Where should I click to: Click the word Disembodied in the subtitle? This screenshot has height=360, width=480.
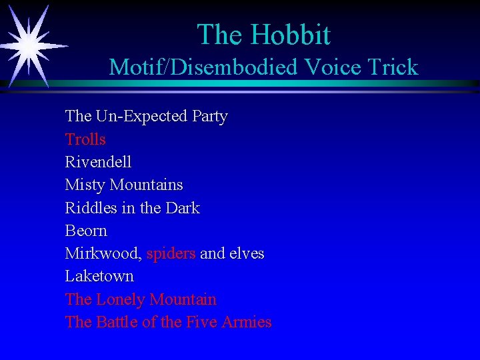coord(237,67)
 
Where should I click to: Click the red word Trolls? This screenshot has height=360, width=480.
coord(85,139)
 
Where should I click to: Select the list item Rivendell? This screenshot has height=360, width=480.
coord(98,162)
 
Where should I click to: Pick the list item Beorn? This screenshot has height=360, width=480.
coord(86,231)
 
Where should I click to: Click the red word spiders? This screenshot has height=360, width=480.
coord(171,254)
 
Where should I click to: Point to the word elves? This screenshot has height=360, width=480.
coord(247,254)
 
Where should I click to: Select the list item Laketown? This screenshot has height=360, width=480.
coord(99,276)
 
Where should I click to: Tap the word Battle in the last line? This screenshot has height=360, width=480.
coord(117,322)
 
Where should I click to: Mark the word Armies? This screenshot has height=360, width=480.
coord(247,322)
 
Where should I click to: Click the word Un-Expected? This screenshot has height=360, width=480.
coord(141,117)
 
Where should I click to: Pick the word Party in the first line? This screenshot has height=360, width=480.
coord(210,117)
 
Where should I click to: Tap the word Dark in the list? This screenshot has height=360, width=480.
coord(183,208)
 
